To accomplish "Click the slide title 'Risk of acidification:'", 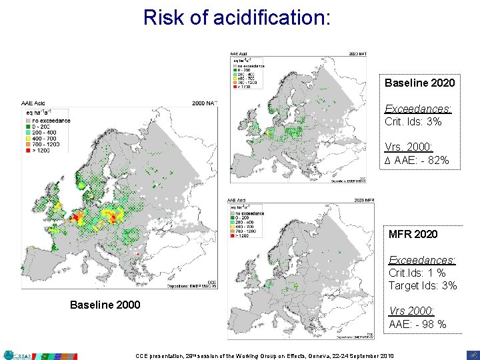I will point(237,17).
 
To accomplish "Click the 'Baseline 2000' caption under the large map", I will point(105,305).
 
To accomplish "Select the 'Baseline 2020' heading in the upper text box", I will point(420,83).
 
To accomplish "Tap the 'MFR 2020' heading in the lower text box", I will point(413,234).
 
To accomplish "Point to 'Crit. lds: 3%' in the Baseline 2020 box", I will point(413,122).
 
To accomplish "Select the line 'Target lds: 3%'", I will point(423,286).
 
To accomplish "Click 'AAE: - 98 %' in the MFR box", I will point(418,324).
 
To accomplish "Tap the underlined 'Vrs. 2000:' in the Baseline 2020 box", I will point(409,147).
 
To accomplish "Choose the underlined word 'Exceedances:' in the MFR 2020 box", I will point(422,260).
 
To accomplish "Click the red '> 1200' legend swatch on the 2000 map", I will point(29,151).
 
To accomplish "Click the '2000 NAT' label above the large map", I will point(205,104).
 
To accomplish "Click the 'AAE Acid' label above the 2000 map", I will point(35,104).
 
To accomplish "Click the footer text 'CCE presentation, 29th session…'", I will point(264,355).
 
